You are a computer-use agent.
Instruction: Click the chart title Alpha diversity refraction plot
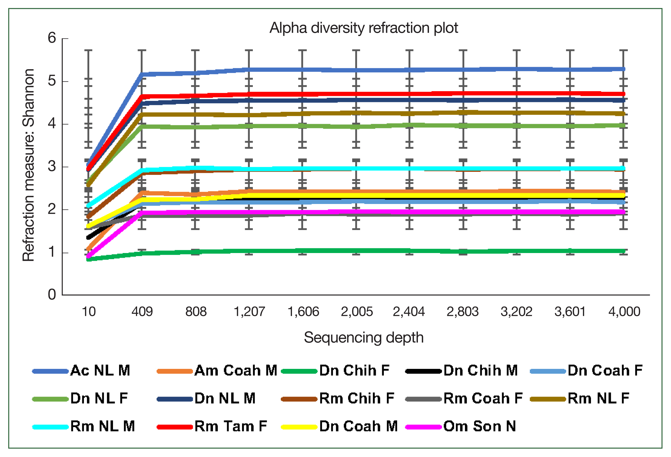pos(364,28)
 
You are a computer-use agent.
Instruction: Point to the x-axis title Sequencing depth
pos(364,337)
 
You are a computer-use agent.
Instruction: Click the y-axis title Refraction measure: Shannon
pos(29,165)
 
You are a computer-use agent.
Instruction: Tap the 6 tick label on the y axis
pos(52,38)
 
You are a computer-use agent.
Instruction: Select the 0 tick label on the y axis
pos(52,295)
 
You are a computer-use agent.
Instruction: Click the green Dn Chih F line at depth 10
pos(89,259)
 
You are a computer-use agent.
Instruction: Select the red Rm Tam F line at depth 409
pos(142,96)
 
